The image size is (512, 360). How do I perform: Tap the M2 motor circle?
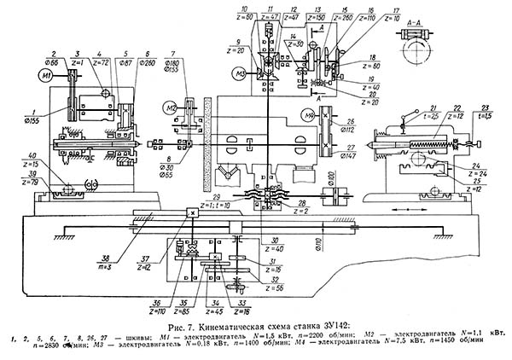[172, 107]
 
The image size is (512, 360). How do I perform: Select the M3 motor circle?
[241, 74]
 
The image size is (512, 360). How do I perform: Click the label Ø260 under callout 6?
[145, 62]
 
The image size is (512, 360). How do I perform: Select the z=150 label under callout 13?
[315, 15]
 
